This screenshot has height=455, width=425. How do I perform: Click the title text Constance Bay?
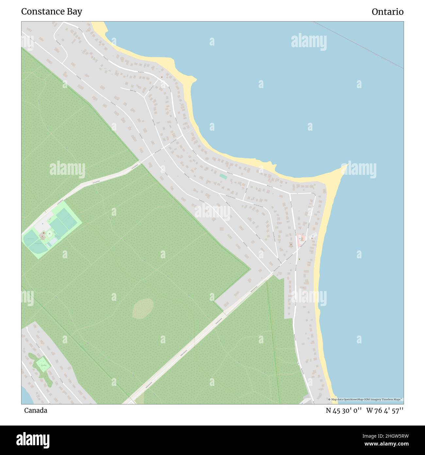52,11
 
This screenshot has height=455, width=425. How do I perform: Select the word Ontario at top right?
387,12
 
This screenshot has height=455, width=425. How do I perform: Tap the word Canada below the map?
36,410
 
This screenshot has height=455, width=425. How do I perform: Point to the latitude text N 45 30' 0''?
344,410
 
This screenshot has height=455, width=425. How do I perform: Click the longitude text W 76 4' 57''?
385,410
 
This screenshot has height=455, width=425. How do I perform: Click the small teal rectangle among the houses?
223,176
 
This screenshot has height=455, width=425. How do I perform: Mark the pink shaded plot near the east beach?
300,240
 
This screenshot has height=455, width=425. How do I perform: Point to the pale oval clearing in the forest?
143,308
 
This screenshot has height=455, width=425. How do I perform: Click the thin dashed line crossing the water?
360,45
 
